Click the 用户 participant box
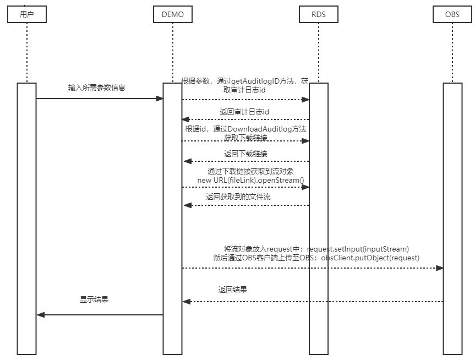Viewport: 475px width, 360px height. [x=26, y=14]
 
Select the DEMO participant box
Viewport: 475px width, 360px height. [x=172, y=14]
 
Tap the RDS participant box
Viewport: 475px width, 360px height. [x=319, y=14]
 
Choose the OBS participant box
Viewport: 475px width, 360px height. [x=452, y=14]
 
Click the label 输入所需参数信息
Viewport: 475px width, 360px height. [x=97, y=88]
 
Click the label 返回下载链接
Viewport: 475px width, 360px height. [x=245, y=154]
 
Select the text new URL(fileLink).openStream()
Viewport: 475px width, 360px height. [x=250, y=180]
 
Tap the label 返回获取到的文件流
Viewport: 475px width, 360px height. [x=238, y=196]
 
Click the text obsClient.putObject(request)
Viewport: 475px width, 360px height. [x=370, y=257]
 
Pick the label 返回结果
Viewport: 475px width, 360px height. [x=232, y=289]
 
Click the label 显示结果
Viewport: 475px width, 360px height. [x=94, y=299]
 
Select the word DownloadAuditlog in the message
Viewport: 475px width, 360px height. [x=259, y=129]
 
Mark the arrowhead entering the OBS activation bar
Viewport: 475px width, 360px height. [x=439, y=268]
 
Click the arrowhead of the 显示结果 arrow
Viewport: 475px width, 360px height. [x=40, y=315]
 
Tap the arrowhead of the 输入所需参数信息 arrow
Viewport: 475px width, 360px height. [x=160, y=99]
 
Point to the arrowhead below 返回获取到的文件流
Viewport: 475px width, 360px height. [x=187, y=205]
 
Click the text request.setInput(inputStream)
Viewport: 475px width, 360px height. [x=358, y=248]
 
